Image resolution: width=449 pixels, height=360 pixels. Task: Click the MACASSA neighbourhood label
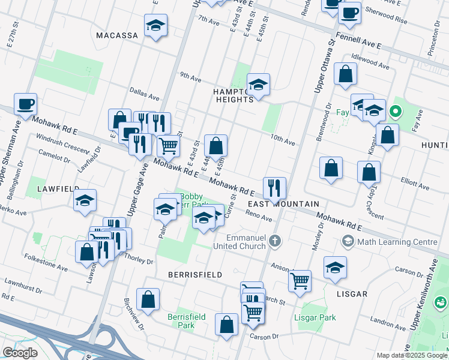(x=118, y=35)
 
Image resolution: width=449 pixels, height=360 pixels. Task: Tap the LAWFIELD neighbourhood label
(x=58, y=188)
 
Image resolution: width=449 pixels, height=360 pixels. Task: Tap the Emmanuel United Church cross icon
(x=275, y=241)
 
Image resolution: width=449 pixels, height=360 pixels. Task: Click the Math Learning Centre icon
(x=348, y=241)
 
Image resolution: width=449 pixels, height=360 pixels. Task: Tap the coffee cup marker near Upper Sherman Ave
(x=26, y=104)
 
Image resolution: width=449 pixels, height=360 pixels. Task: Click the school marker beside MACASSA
(x=156, y=25)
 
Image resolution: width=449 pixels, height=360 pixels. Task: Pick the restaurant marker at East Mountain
(x=274, y=187)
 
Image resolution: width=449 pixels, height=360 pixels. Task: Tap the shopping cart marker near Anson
(x=300, y=279)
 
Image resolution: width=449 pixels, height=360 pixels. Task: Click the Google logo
(x=20, y=353)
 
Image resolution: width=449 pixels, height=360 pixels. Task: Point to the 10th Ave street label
(x=282, y=142)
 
